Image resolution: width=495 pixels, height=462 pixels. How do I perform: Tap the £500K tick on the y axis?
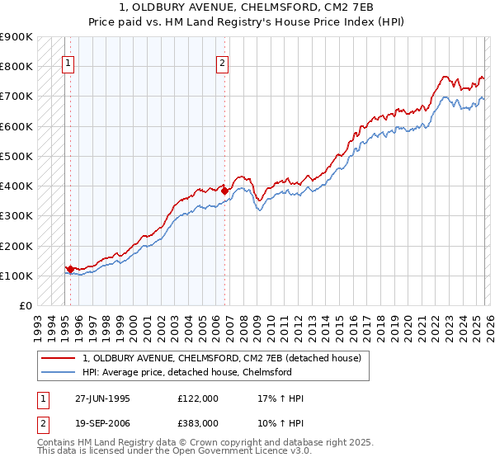tap(16, 156)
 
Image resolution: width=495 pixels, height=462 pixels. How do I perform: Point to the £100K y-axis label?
tap(16, 276)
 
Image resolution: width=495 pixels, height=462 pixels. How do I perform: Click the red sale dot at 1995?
tap(71, 269)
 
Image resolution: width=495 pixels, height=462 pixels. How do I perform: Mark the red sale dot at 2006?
tap(224, 191)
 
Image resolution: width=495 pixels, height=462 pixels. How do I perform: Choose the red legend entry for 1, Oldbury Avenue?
tap(221, 359)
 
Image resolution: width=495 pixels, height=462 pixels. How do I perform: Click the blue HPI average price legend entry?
tap(187, 373)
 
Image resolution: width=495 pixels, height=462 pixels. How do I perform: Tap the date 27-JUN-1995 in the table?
tap(102, 398)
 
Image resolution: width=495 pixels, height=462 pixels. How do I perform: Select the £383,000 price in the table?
tap(198, 423)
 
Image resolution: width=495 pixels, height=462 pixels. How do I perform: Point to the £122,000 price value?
tap(198, 398)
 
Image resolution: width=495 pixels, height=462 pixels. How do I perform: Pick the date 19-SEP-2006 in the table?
tap(102, 423)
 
